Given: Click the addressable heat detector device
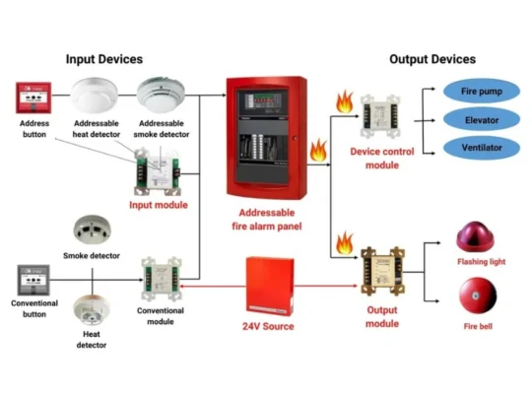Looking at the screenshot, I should [x=96, y=96].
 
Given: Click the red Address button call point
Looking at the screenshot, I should [x=33, y=98].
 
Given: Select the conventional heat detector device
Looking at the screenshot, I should [x=92, y=312].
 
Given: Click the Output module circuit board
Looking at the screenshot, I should [x=380, y=267].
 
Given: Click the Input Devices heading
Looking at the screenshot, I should [x=104, y=59].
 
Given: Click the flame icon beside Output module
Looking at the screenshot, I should [x=345, y=240].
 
